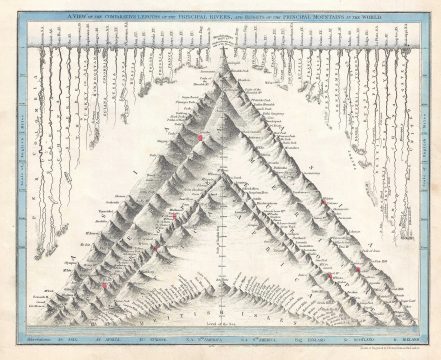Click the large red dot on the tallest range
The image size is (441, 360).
[200, 136]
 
